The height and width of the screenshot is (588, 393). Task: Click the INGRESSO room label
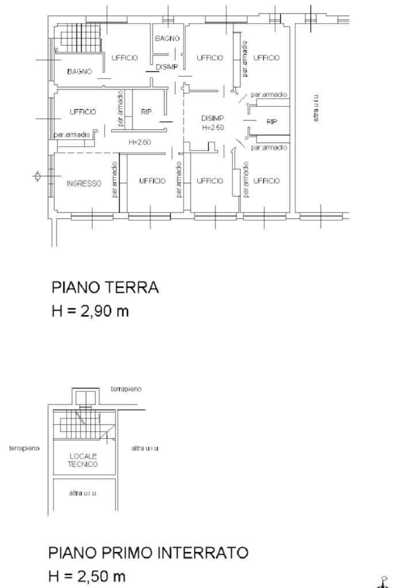[83, 184]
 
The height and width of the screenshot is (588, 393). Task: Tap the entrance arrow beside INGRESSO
[37, 176]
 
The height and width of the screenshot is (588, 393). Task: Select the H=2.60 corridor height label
[140, 142]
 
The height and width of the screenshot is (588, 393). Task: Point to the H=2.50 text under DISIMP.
[213, 128]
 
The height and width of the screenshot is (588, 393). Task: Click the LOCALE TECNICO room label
[83, 460]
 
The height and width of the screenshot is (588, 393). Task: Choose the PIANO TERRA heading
[105, 287]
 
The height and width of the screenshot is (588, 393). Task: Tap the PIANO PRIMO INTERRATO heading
[148, 553]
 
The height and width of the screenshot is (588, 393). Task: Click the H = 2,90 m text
[90, 311]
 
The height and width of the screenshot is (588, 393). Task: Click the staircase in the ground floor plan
[78, 37]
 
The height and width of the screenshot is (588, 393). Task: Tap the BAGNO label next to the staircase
[79, 71]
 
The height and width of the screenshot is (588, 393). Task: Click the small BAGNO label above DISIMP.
[167, 39]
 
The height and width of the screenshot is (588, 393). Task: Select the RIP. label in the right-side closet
[272, 122]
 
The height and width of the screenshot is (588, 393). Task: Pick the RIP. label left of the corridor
[147, 112]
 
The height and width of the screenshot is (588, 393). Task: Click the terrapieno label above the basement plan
[126, 389]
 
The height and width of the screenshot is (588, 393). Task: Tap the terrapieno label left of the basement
[24, 448]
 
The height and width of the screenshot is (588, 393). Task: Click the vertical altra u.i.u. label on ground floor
[316, 107]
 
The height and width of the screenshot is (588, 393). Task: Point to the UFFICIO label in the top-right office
[266, 57]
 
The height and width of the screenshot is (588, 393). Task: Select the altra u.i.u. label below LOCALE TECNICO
[83, 493]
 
